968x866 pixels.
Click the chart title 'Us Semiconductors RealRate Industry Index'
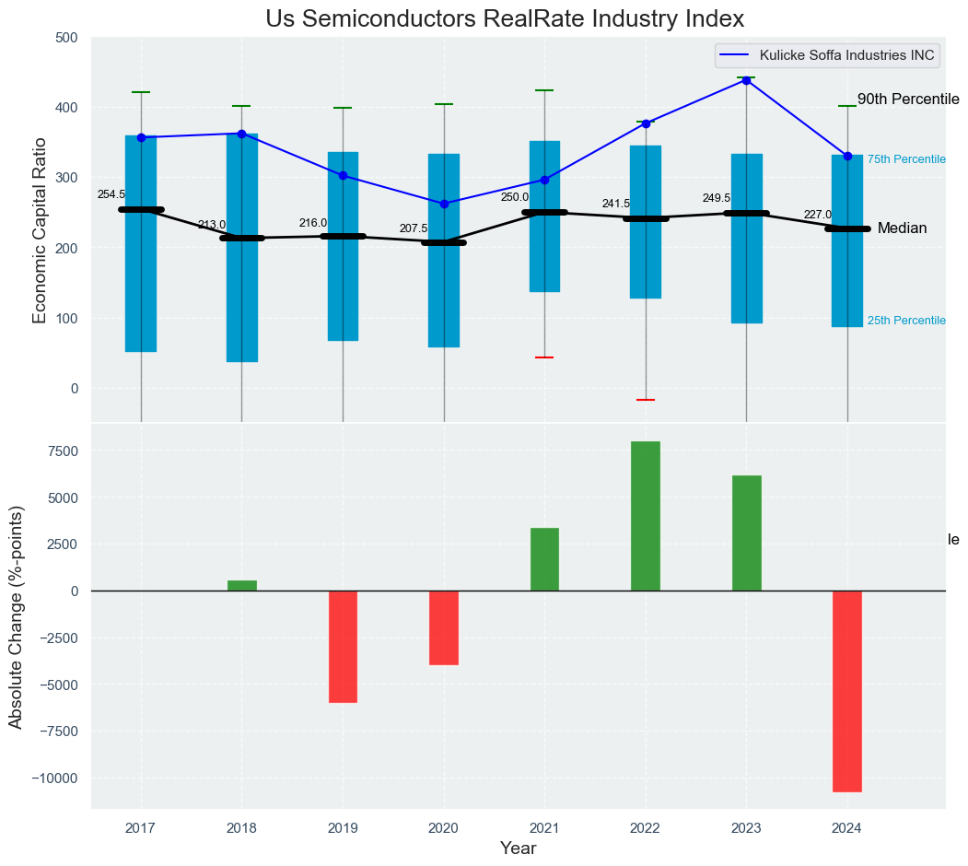pyautogui.click(x=505, y=19)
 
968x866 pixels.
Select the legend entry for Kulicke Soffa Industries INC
pyautogui.click(x=843, y=55)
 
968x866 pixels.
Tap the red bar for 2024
pyautogui.click(x=847, y=691)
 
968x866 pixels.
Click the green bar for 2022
pyautogui.click(x=646, y=516)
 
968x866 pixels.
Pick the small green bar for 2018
pyautogui.click(x=242, y=585)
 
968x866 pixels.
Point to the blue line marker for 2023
pyautogui.click(x=746, y=80)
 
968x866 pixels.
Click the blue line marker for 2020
pyautogui.click(x=444, y=204)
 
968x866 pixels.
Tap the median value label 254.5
pyautogui.click(x=111, y=194)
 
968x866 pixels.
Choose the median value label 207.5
pyautogui.click(x=413, y=228)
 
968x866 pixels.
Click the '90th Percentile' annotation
pyautogui.click(x=908, y=99)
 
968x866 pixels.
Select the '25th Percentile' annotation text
pyautogui.click(x=906, y=321)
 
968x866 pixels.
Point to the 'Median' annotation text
pyautogui.click(x=902, y=228)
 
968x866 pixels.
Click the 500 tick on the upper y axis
pyautogui.click(x=69, y=38)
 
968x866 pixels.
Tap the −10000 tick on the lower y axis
pyautogui.click(x=55, y=778)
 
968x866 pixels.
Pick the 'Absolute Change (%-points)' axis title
pyautogui.click(x=16, y=616)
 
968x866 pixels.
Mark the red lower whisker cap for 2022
pyautogui.click(x=646, y=400)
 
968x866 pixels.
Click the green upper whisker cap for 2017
pyautogui.click(x=141, y=92)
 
